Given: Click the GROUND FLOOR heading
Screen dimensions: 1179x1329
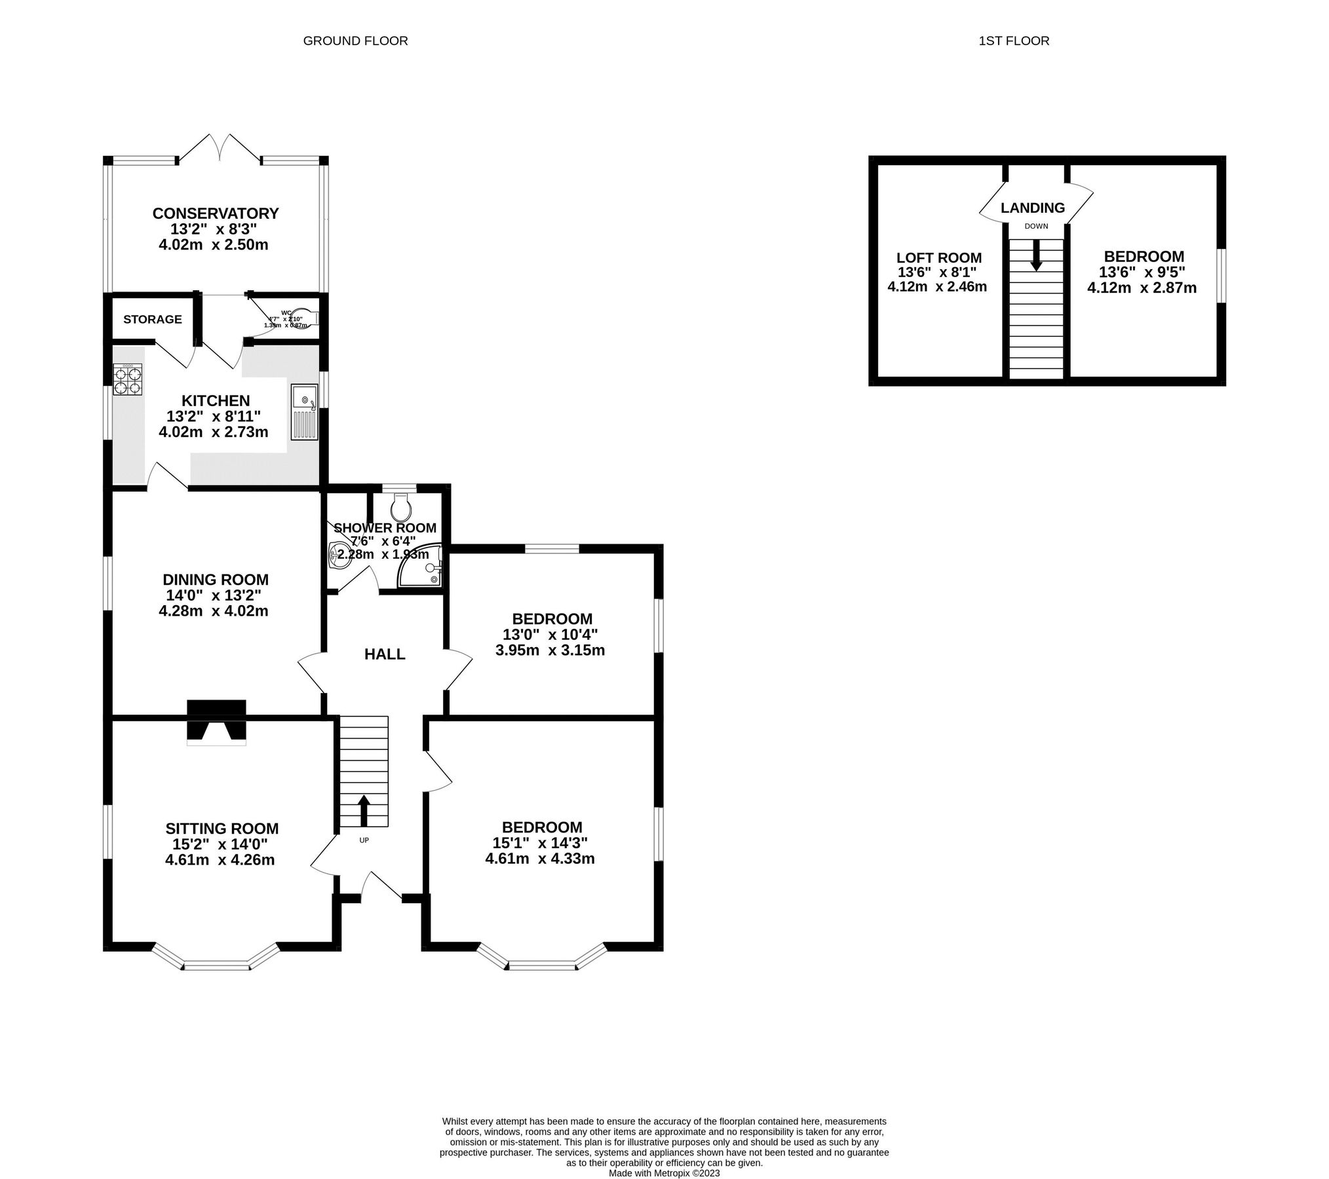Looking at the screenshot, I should (355, 41).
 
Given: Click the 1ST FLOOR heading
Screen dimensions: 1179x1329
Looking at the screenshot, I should (1014, 41).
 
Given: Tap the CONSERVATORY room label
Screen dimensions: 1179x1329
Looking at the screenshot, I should (216, 214).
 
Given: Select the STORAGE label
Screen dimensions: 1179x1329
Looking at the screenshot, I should (153, 319).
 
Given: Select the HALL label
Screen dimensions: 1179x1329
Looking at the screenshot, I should (385, 654).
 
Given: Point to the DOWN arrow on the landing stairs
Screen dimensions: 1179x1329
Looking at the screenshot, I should (1036, 255).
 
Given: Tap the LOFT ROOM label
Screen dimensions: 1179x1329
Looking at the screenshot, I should (939, 257).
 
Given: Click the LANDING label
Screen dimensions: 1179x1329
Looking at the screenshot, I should (1033, 208).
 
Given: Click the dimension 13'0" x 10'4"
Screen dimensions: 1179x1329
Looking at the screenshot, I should (550, 634).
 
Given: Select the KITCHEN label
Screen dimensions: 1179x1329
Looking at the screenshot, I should (216, 400).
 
